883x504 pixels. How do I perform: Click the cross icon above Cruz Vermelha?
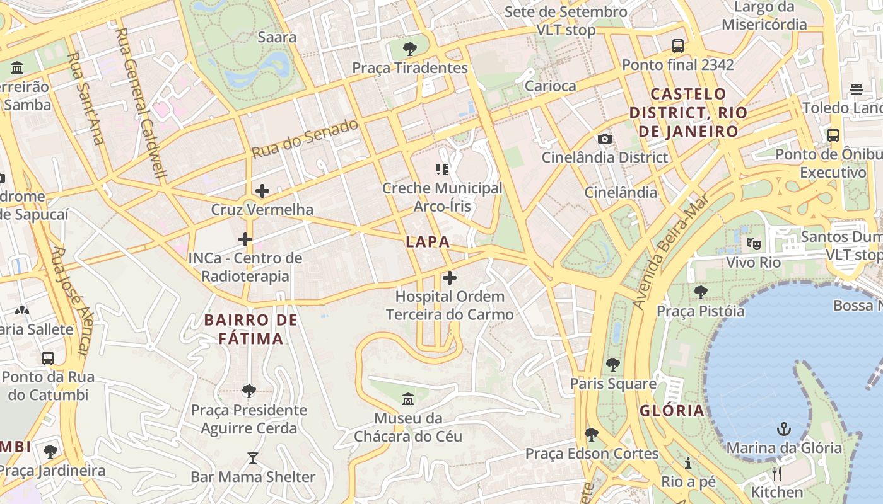coord(262,190)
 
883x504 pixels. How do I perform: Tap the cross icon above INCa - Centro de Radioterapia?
coord(245,239)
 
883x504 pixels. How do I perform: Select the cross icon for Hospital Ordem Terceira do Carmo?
coord(450,277)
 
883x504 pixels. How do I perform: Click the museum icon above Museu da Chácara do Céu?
coord(408,399)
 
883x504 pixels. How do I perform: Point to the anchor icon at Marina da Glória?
coord(783,430)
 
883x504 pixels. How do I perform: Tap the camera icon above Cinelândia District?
coord(604,139)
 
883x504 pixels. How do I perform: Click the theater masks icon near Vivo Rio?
coord(753,243)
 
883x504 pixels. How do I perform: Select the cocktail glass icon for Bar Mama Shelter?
coord(253,458)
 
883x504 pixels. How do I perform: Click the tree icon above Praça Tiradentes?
coord(410,49)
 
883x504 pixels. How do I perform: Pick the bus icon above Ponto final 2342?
coord(678,46)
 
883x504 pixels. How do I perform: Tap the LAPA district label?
coord(428,241)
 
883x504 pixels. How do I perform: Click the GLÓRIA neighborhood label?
coord(672,411)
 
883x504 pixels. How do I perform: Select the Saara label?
coord(277,37)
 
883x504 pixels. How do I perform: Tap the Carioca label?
coord(550,86)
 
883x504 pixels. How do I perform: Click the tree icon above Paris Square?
coord(612,365)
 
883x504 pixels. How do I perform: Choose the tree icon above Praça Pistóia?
coord(700,292)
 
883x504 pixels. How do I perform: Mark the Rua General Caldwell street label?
coord(141,104)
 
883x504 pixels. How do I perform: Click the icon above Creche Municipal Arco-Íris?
coord(442,169)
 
